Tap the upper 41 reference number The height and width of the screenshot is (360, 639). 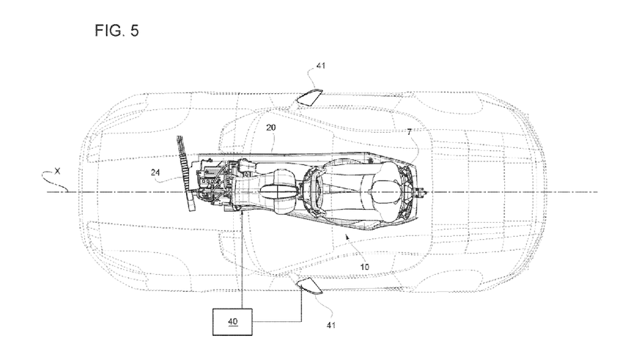(320, 66)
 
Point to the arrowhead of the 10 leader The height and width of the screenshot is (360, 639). (346, 237)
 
